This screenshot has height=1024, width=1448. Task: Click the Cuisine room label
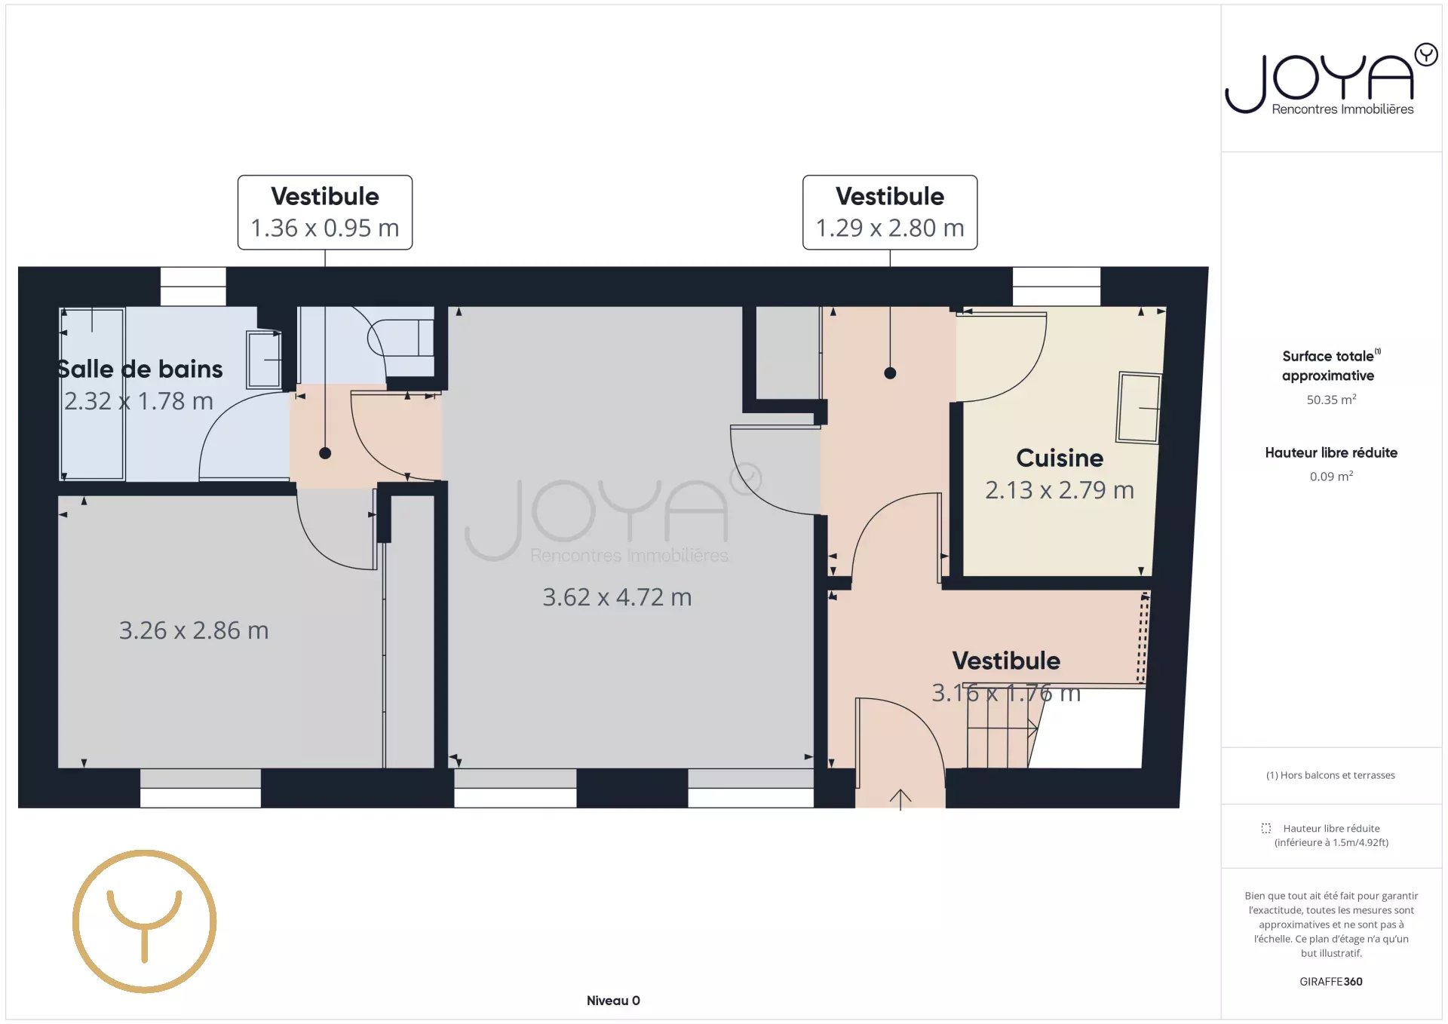pos(1059,458)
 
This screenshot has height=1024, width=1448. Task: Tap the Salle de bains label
pos(140,369)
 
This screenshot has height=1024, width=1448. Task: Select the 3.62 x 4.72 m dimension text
pos(617,597)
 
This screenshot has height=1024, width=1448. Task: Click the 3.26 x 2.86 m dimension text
pos(194,630)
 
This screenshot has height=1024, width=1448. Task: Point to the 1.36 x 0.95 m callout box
pos(325,213)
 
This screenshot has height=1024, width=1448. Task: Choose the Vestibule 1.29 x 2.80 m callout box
pos(890,213)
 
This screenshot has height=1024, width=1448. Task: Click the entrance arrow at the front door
pos(900,799)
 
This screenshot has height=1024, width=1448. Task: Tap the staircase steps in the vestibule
pos(1000,743)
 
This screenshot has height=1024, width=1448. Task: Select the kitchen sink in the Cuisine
pos(1139,407)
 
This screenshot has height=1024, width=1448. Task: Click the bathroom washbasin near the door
pos(264,360)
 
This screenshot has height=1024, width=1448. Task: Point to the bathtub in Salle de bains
pos(93,393)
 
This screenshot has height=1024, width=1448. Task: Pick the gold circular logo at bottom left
pos(145,921)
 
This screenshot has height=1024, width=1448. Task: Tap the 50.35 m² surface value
pos(1331,400)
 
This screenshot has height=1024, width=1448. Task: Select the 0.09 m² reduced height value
pos(1331,477)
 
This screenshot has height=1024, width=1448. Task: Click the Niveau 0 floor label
pos(613,1001)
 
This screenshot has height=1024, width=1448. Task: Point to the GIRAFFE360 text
pos(1331,982)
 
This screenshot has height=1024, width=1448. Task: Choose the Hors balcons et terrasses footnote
pos(1330,775)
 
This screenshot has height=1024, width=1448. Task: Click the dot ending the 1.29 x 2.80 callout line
pos(890,373)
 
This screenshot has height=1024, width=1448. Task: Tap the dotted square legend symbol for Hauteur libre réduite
pos(1266,828)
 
